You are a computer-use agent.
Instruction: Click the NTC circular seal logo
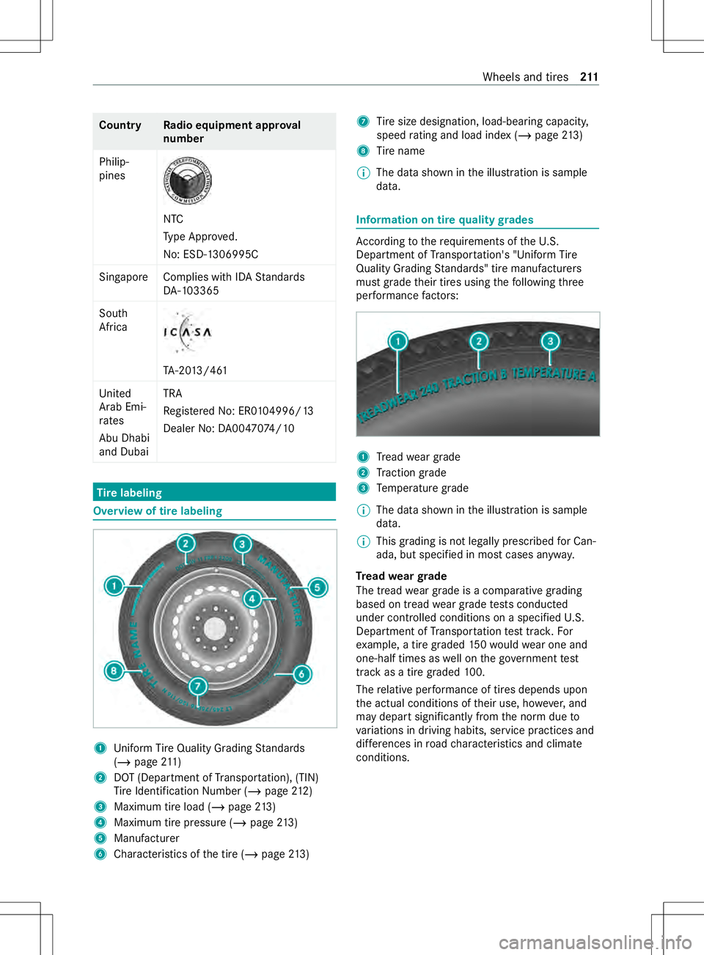click(x=187, y=181)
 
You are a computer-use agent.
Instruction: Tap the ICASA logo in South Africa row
click(x=187, y=332)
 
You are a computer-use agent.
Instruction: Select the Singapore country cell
click(x=123, y=277)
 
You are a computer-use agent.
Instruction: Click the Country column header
click(x=120, y=125)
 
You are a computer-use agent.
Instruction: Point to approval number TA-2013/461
click(x=195, y=370)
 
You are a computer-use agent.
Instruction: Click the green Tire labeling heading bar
click(x=214, y=492)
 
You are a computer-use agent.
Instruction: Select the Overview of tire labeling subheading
click(x=158, y=511)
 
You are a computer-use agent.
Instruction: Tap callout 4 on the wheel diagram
click(x=252, y=599)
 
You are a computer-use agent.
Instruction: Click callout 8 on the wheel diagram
click(x=114, y=670)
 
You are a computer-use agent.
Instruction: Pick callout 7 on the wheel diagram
click(x=197, y=687)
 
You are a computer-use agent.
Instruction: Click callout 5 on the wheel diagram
click(x=318, y=587)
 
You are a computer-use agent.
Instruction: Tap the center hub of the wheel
click(x=215, y=629)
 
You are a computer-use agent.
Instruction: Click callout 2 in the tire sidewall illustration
click(x=479, y=341)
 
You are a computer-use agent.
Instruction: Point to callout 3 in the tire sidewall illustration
click(x=550, y=341)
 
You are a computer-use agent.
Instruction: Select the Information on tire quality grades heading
click(x=444, y=220)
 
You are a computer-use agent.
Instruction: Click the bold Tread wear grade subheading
click(x=401, y=577)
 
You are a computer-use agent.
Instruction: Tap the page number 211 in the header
click(x=589, y=77)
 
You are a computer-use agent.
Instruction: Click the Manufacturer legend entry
click(x=147, y=838)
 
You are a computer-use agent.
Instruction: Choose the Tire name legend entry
click(x=400, y=151)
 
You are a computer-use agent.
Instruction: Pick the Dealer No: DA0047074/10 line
click(x=229, y=428)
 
